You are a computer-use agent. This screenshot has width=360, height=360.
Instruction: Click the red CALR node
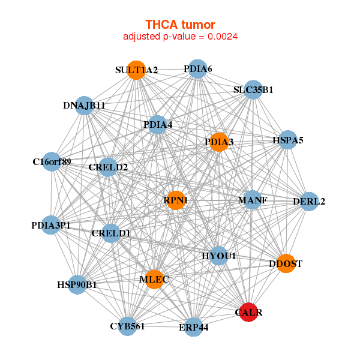click(x=249, y=312)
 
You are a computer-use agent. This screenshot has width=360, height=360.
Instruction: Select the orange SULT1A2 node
click(x=137, y=70)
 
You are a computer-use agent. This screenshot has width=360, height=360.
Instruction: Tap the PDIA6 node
click(x=197, y=69)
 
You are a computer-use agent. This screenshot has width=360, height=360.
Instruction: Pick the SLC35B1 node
click(x=254, y=90)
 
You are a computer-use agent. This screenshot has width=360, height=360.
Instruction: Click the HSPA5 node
click(x=288, y=140)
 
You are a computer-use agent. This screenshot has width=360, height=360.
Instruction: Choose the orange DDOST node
click(x=286, y=263)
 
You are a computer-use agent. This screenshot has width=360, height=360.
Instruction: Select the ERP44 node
click(x=193, y=327)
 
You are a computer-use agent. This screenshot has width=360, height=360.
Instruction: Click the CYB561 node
click(x=127, y=326)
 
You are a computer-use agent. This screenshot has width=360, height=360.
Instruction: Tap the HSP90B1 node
click(x=77, y=284)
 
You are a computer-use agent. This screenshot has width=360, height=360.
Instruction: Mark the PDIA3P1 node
click(x=51, y=226)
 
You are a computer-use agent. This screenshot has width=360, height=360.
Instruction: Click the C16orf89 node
click(x=52, y=161)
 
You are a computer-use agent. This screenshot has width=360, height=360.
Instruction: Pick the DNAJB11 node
click(x=85, y=106)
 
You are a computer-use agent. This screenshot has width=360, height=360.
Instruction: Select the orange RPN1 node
click(x=176, y=200)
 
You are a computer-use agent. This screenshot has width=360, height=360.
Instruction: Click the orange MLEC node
click(x=154, y=280)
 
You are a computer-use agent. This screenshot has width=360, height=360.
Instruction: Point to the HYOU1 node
click(x=218, y=256)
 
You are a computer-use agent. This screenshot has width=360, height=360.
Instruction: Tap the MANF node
click(x=253, y=200)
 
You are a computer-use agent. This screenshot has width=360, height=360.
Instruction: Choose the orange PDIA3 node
click(x=219, y=142)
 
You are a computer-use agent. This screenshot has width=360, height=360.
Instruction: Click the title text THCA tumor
click(x=179, y=25)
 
